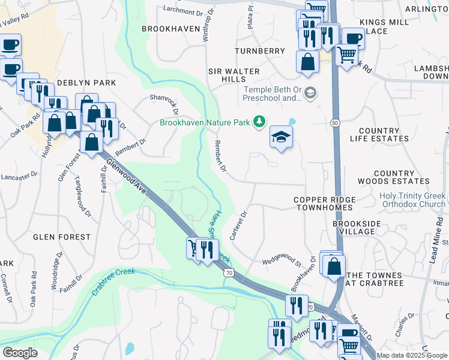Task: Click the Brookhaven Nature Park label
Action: tap(205, 122)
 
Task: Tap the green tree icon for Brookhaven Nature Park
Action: tap(259, 122)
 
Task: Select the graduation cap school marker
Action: tap(280, 137)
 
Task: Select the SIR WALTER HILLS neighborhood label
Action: tap(234, 75)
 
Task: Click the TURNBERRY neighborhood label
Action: tap(260, 52)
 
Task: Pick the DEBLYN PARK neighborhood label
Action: tap(86, 82)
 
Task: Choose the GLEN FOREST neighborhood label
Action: tap(61, 237)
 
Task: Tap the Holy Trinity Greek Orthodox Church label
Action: tap(412, 200)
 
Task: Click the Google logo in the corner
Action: tap(20, 353)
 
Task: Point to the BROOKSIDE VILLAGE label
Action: tap(357, 227)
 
